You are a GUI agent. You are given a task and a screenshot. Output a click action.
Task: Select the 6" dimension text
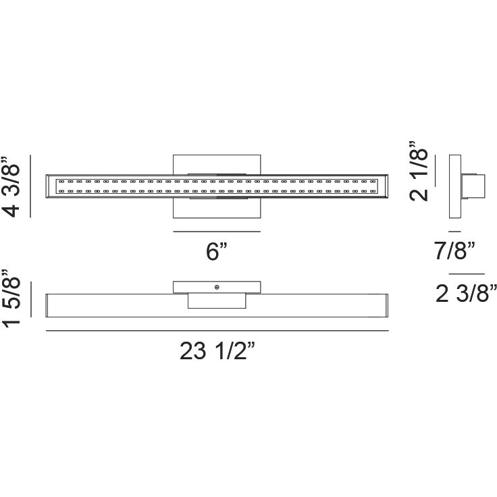click(217, 251)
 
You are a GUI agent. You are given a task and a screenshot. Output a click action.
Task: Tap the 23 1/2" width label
click(217, 351)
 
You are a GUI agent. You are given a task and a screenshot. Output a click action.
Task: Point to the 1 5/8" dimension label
click(11, 298)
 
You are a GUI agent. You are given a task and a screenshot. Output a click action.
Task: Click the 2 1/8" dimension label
click(419, 171)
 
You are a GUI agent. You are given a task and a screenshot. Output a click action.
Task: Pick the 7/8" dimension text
click(454, 251)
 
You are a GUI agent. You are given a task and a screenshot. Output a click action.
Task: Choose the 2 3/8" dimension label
click(466, 293)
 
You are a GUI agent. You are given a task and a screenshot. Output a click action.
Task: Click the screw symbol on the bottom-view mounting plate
click(217, 288)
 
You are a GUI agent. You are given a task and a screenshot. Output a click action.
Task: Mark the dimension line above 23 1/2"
click(217, 331)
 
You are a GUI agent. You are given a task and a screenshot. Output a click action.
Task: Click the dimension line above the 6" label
click(217, 232)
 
